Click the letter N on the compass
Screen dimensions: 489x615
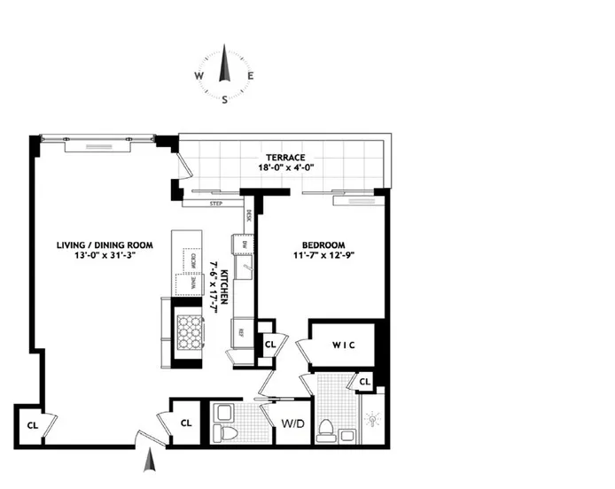click(x=225, y=55)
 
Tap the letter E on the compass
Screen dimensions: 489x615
click(x=251, y=76)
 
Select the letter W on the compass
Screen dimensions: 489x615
click(x=199, y=76)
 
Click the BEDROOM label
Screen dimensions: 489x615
click(x=323, y=245)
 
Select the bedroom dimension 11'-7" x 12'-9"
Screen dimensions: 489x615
click(x=323, y=258)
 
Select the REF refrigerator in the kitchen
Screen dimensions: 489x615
click(x=240, y=334)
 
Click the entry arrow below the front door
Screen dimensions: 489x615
click(x=150, y=461)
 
